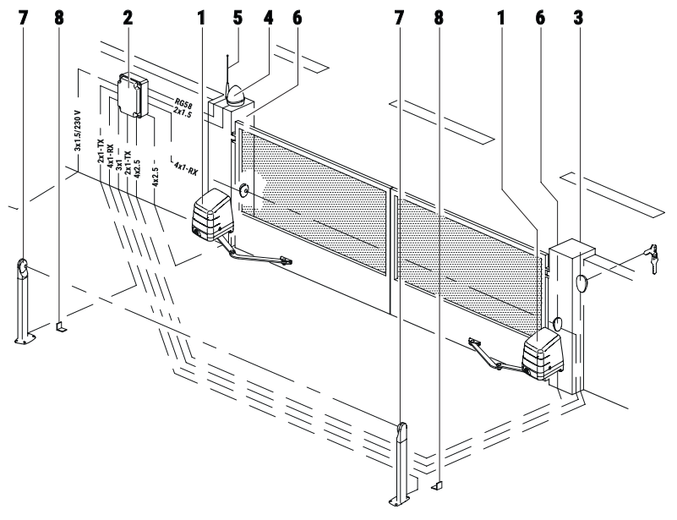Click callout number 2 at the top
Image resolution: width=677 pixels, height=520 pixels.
[x=127, y=18]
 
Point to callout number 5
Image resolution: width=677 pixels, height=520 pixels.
[x=237, y=18]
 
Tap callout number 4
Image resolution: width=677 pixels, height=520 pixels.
[x=268, y=18]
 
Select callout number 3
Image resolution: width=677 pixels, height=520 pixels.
[x=578, y=18]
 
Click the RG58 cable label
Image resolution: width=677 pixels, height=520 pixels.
[x=183, y=104]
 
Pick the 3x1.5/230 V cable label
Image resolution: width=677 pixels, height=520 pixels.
[x=78, y=131]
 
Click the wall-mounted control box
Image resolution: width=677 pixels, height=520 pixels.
[x=133, y=95]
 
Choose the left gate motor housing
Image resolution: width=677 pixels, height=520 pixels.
[x=211, y=216]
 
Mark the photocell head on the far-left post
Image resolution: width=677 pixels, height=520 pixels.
[x=22, y=267]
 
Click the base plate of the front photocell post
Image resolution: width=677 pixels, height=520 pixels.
[x=400, y=501]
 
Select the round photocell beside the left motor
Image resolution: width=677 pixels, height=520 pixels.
[x=244, y=189]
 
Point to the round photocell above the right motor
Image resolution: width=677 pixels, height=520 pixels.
[x=557, y=324]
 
